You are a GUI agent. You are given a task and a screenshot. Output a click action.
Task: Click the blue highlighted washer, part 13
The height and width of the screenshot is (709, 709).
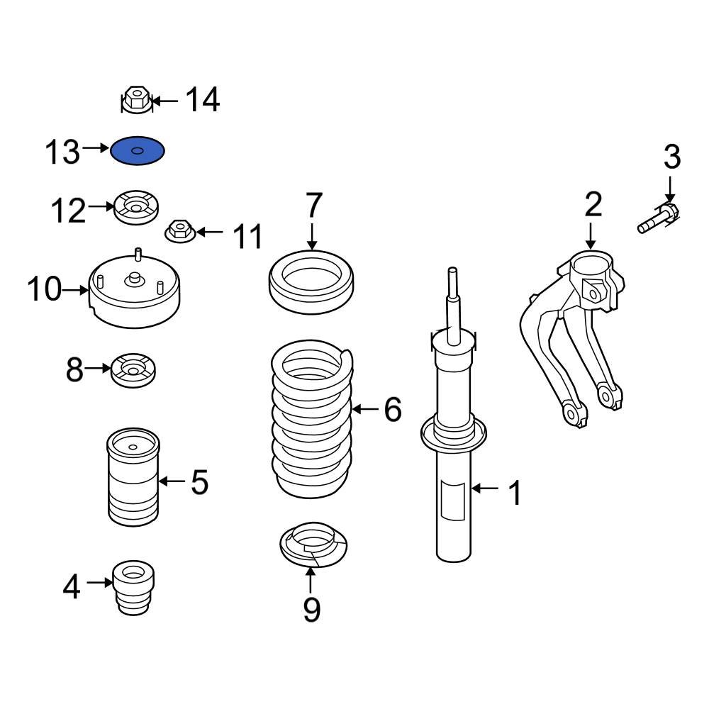(x=138, y=151)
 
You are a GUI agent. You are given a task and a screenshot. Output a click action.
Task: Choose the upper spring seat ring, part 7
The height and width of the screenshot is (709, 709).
(x=313, y=283)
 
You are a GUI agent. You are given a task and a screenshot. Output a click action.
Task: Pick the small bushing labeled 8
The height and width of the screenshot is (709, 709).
(x=134, y=370)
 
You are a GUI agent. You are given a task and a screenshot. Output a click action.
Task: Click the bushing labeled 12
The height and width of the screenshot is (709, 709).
(x=136, y=208)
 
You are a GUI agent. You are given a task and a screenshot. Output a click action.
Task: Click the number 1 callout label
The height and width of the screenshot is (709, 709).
(x=515, y=492)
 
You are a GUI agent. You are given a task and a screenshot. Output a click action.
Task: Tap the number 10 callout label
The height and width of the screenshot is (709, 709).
(x=44, y=290)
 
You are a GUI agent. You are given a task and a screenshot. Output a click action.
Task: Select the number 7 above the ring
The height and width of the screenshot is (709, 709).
(x=314, y=206)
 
